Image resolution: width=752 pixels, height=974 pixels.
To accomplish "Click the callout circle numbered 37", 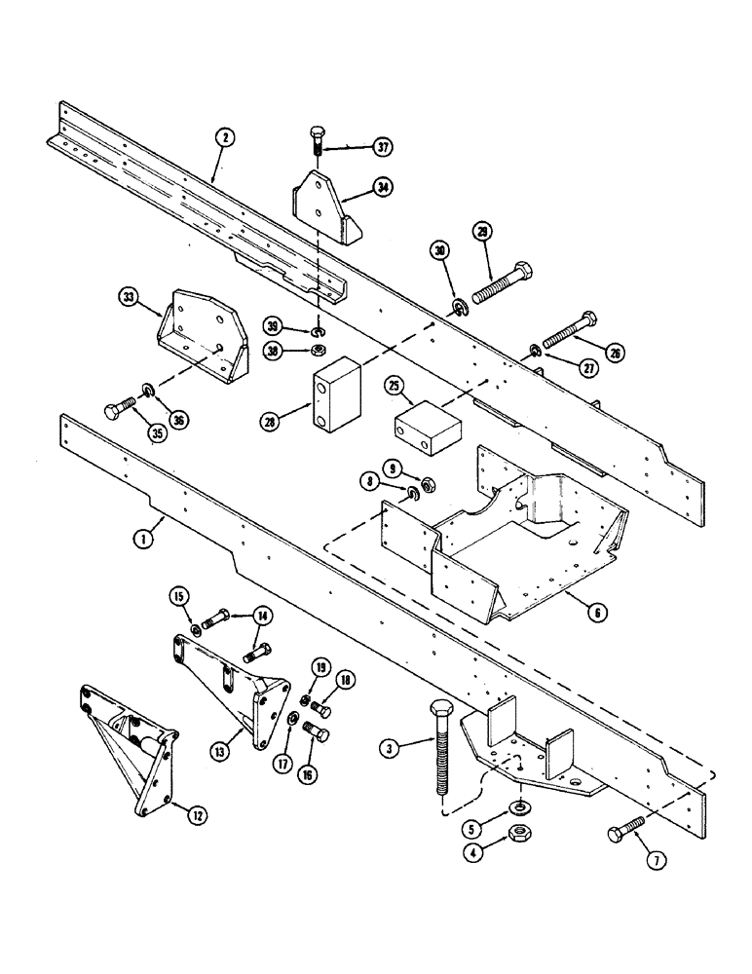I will coord(381,147).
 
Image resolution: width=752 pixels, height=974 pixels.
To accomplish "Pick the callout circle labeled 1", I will coord(142,537).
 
